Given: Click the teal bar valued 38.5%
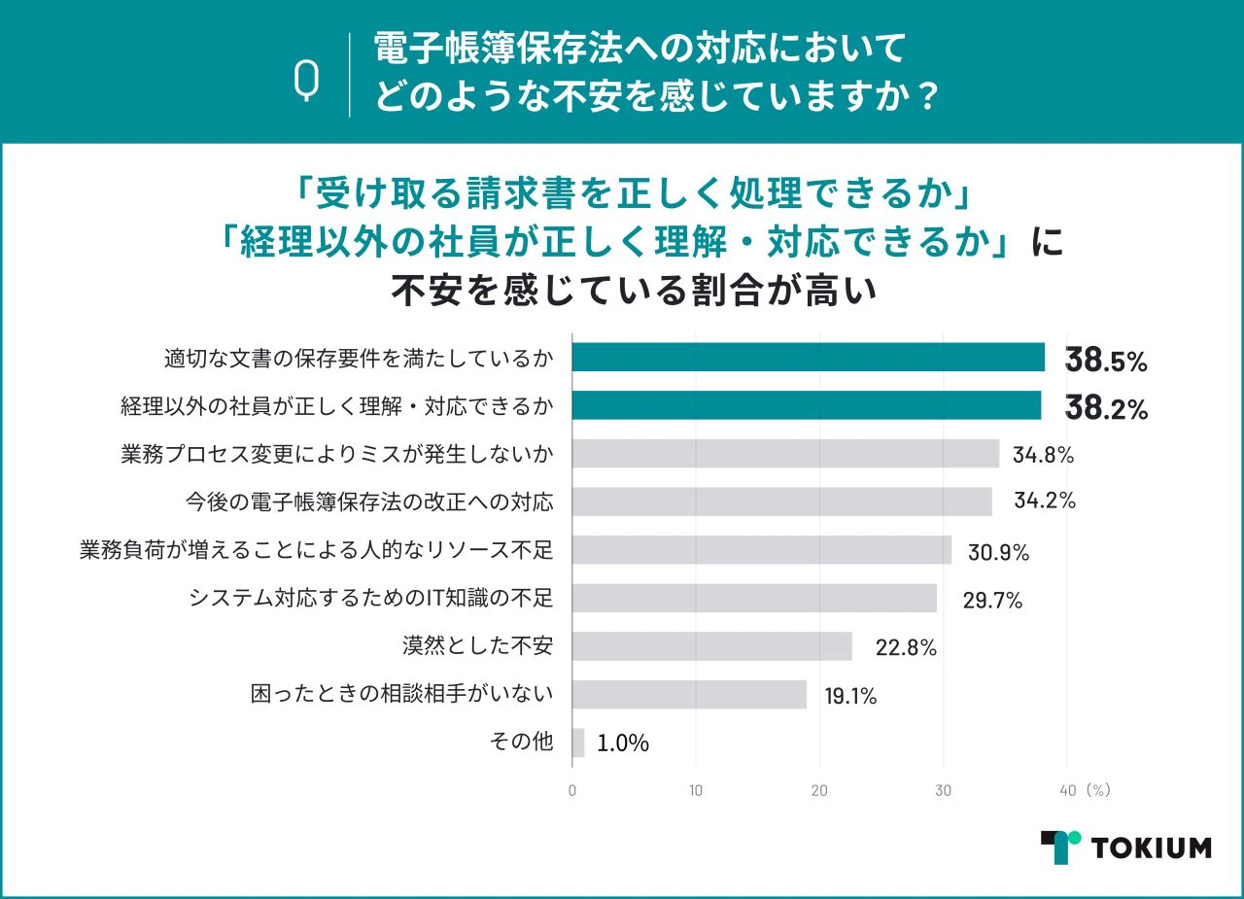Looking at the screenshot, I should pyautogui.click(x=808, y=358).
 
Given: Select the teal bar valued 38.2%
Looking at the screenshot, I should pyautogui.click(x=806, y=405).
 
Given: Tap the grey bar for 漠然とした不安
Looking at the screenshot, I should pyautogui.click(x=711, y=646).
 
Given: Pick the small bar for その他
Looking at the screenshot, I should pyautogui.click(x=578, y=743).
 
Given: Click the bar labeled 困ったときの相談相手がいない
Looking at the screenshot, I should pyautogui.click(x=689, y=695).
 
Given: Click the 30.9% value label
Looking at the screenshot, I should pyautogui.click(x=998, y=552).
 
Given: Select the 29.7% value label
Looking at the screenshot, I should pyautogui.click(x=992, y=601).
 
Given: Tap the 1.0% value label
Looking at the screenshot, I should pyautogui.click(x=623, y=744).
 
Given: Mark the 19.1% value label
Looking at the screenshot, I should pyautogui.click(x=849, y=696).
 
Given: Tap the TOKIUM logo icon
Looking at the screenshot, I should pyautogui.click(x=1060, y=847).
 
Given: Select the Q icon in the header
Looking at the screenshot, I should pyautogui.click(x=307, y=81).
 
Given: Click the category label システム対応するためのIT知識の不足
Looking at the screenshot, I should pyautogui.click(x=370, y=598).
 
